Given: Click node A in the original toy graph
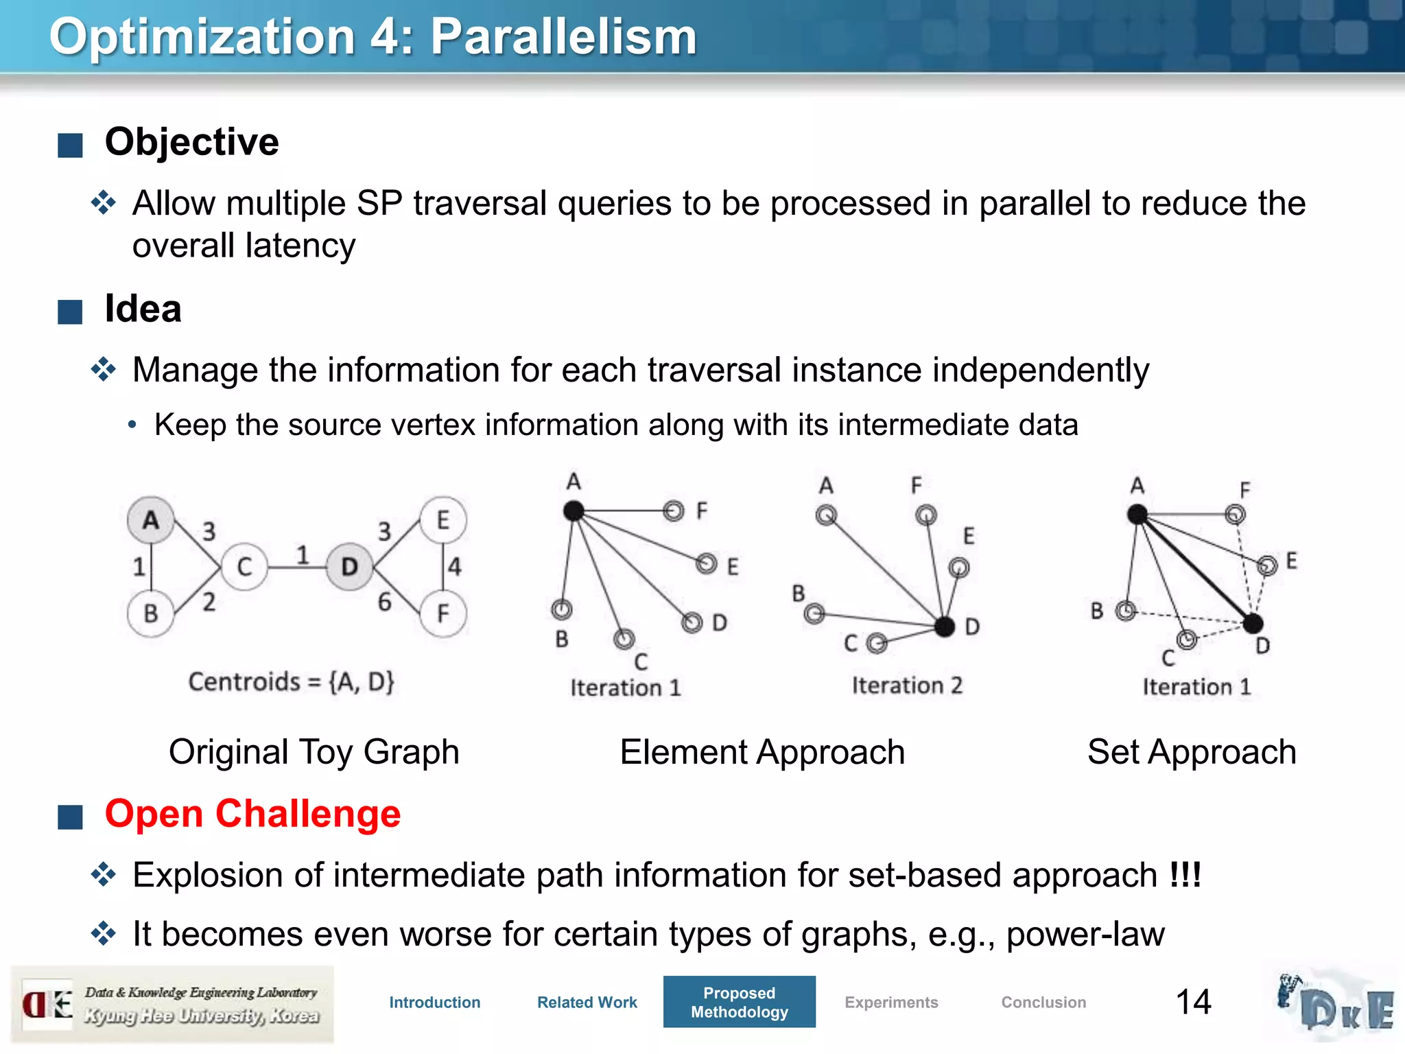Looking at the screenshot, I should click(x=150, y=520).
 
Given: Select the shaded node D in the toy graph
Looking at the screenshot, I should click(x=349, y=567).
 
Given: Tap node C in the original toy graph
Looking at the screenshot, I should click(x=244, y=567).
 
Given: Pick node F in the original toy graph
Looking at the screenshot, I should click(x=443, y=613).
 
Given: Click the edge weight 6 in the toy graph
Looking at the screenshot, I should click(x=385, y=602).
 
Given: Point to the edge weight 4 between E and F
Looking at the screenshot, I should click(x=455, y=567).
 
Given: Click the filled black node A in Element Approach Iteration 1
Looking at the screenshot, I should click(x=574, y=511).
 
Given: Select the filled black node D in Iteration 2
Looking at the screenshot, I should click(x=945, y=626).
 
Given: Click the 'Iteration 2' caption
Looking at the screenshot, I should click(x=907, y=686).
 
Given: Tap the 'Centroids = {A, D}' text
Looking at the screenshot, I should click(x=291, y=681).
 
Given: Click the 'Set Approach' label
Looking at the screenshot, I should click(x=1192, y=751).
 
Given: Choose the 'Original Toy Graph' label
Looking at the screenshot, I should click(x=314, y=751).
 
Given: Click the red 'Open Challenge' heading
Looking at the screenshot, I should click(x=252, y=814).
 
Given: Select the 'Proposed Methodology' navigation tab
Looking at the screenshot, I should click(x=739, y=1002).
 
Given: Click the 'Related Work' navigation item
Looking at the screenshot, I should click(x=587, y=1003).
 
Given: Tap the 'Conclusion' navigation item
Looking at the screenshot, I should click(x=1043, y=1003).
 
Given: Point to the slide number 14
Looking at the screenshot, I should click(x=1193, y=1002).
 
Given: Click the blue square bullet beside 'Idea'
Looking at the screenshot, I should click(x=70, y=312).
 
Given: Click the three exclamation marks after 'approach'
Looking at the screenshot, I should click(x=1185, y=875).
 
